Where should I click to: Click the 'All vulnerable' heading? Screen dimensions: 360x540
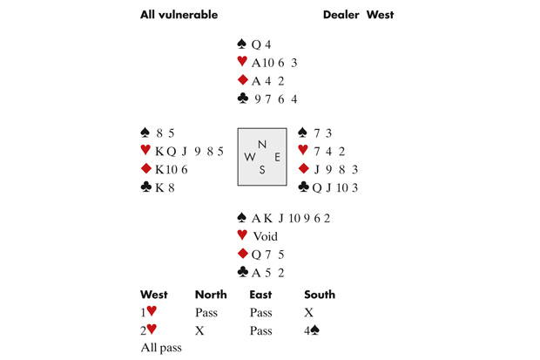tap(179, 15)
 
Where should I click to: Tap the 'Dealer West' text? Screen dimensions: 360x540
tap(358, 15)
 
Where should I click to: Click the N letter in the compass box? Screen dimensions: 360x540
tap(262, 142)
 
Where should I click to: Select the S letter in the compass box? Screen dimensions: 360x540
tap(262, 170)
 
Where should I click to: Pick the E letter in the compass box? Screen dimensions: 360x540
tap(276, 157)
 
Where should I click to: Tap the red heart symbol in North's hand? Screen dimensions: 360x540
tap(241, 63)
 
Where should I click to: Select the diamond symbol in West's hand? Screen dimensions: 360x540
tap(145, 168)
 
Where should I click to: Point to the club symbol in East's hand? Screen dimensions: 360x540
tap(303, 187)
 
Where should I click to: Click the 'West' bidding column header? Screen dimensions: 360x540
tap(154, 295)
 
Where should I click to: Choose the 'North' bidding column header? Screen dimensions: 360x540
tap(211, 295)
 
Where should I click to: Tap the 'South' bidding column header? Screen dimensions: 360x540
tap(320, 295)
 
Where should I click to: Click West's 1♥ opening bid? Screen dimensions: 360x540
tap(149, 312)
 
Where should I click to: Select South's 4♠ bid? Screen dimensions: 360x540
tap(311, 331)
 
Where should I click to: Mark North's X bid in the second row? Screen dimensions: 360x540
tap(199, 331)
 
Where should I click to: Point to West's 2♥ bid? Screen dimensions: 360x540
tap(149, 331)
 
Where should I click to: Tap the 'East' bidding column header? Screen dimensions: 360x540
tap(260, 295)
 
